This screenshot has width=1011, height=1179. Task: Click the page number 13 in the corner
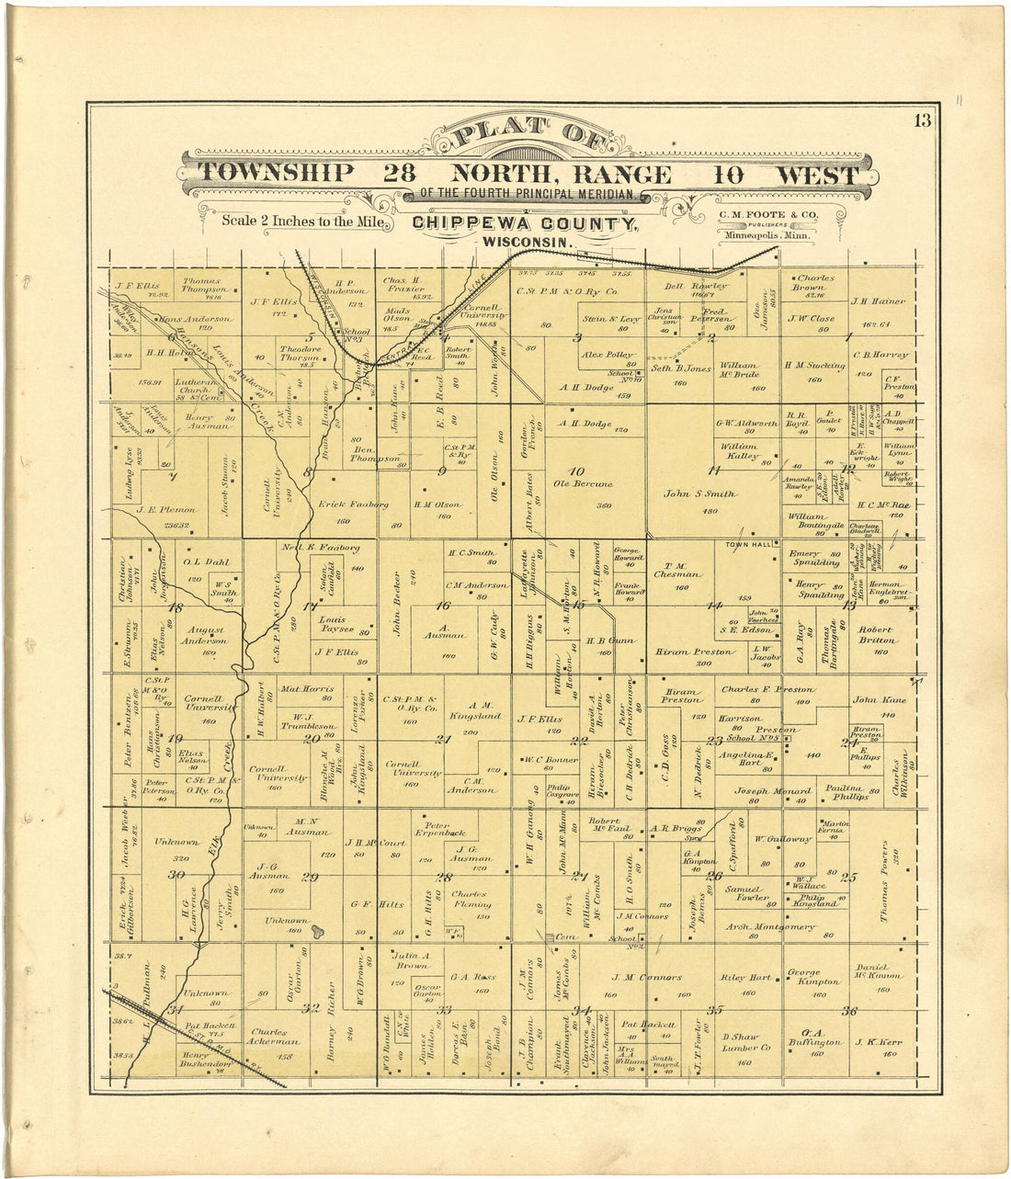tap(922, 119)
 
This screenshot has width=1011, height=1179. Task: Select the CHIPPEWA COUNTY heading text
tap(524, 224)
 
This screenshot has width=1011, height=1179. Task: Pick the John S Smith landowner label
tap(700, 493)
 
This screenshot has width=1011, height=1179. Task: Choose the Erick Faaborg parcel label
tap(353, 504)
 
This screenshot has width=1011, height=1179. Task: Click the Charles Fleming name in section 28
tap(469, 900)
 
